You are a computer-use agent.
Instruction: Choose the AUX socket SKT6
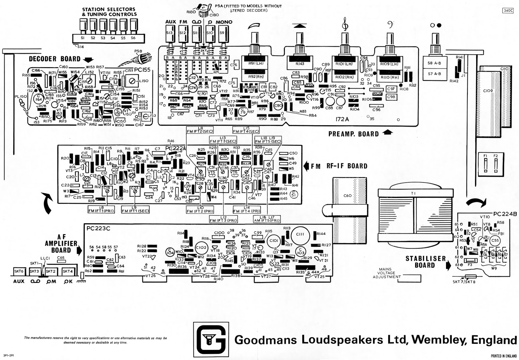19,271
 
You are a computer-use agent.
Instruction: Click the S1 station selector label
82,38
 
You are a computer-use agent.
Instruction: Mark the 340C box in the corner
508,10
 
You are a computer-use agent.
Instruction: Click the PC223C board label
98,229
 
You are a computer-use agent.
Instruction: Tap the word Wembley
439,340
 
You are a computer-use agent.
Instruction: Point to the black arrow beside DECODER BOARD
88,59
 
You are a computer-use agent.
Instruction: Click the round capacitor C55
494,241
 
